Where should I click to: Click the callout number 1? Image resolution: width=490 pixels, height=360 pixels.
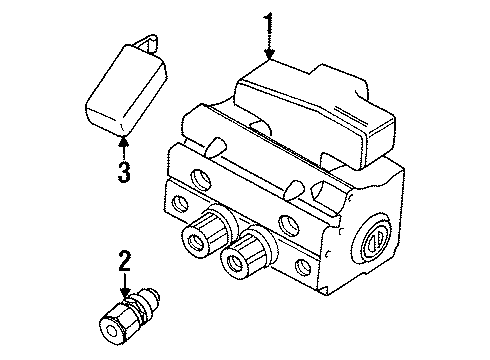(x=267, y=21)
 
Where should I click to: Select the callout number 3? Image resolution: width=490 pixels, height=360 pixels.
(x=122, y=171)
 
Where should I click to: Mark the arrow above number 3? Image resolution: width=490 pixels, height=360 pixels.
(x=122, y=146)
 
